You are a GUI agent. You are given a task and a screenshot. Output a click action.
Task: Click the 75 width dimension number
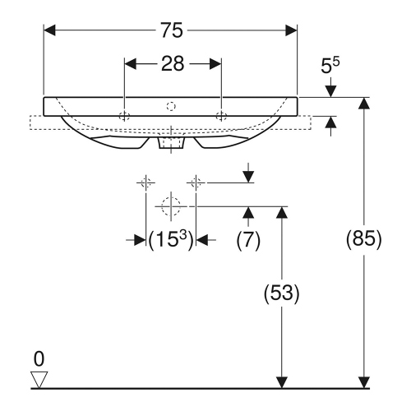coord(171,30)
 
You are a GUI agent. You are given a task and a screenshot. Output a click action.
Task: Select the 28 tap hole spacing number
coord(172,63)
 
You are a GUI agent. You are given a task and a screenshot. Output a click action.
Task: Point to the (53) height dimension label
coord(283,293)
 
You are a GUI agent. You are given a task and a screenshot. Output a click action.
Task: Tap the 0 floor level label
coord(38,359)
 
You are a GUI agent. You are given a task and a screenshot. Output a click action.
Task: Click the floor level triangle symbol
coord(38,378)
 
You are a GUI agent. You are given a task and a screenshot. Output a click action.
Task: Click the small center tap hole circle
coord(171,105)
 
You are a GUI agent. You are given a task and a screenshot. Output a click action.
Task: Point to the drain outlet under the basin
coord(171,143)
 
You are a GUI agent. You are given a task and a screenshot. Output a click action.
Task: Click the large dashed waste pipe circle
coord(171,206)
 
